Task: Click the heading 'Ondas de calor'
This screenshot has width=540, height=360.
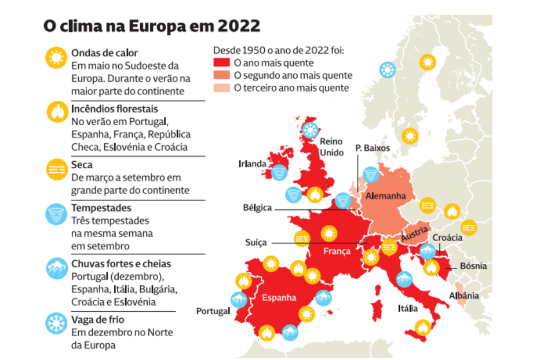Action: pyautogui.click(x=104, y=53)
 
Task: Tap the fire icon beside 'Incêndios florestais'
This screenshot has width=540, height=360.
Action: pyautogui.click(x=56, y=111)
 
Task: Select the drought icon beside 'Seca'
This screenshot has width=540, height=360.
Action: pyautogui.click(x=56, y=169)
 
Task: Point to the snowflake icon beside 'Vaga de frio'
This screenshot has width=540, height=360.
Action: pyautogui.click(x=56, y=323)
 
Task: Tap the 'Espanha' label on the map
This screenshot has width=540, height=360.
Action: pyautogui.click(x=279, y=298)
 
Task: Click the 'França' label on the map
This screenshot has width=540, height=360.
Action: pyautogui.click(x=337, y=252)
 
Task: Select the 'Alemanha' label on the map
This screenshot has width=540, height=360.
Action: pyautogui.click(x=385, y=197)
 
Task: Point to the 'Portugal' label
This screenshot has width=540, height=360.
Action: pyautogui.click(x=213, y=311)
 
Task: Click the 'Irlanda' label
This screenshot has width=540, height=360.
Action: pyautogui.click(x=252, y=164)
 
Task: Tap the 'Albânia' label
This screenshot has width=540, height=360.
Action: pyautogui.click(x=464, y=296)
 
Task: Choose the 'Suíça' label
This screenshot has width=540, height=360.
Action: pyautogui.click(x=256, y=242)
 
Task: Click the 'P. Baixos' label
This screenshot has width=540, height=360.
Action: pyautogui.click(x=373, y=148)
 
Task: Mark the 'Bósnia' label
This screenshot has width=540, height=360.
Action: pyautogui.click(x=473, y=267)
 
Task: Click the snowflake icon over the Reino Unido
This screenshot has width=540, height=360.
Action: pyautogui.click(x=311, y=129)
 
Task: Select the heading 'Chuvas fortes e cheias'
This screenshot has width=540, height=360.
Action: pyautogui.click(x=121, y=264)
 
